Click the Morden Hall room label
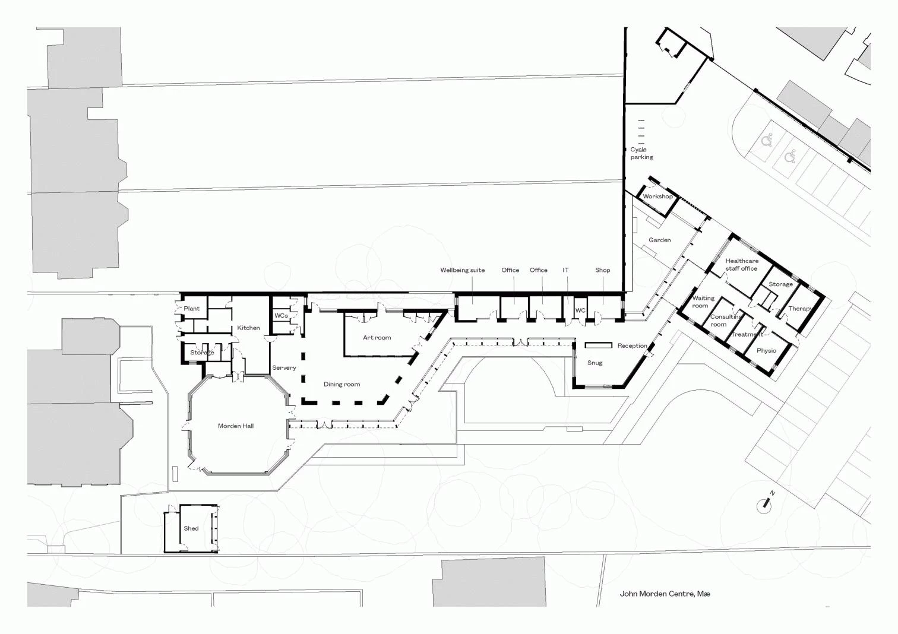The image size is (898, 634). tap(236, 426)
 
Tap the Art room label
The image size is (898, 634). tap(377, 337)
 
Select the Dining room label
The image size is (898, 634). tap(342, 384)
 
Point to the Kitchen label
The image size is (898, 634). tap(248, 328)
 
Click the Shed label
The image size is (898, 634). tap(191, 528)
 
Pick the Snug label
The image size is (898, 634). tap(595, 363)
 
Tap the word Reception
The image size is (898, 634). tap(632, 346)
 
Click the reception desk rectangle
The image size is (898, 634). tap(599, 345)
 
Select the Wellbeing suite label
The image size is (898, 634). tap(463, 271)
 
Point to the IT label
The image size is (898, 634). tap(565, 270)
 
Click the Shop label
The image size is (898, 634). tap(603, 271)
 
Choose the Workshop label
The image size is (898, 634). tap(658, 196)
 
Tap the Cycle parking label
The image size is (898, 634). tap(641, 153)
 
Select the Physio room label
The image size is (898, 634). tap(767, 351)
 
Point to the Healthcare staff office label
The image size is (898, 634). tap(742, 265)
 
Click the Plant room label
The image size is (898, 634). tap(192, 309)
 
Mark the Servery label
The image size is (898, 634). tap(284, 368)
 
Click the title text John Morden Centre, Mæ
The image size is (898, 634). tap(665, 594)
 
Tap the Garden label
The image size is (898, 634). tap(660, 240)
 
